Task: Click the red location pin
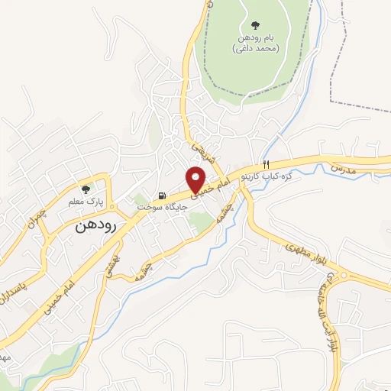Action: pos(197,178)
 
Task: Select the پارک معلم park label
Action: pos(85,200)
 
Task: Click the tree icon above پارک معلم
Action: pos(86,188)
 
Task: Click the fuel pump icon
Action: pos(161,195)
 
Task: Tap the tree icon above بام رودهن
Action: pos(254,24)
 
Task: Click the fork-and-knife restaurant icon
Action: pos(266,164)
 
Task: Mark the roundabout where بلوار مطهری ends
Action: pos(345,275)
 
